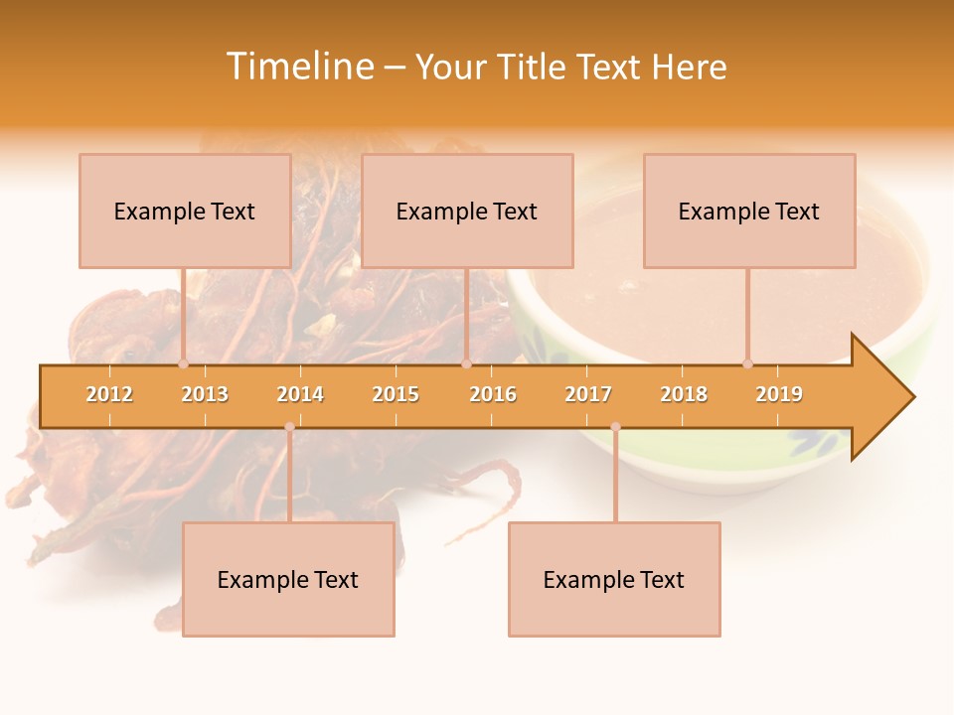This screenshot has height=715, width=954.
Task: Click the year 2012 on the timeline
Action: click(109, 394)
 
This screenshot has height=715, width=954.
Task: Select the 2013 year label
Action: click(205, 394)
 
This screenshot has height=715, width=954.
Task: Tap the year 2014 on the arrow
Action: click(300, 394)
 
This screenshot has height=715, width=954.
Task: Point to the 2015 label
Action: click(396, 394)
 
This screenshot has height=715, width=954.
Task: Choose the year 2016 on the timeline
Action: click(493, 394)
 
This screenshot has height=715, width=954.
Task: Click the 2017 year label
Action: click(588, 394)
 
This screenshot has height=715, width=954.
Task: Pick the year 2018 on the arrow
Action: click(684, 394)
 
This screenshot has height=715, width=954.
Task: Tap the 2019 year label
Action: click(779, 394)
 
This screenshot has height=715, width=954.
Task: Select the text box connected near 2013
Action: click(185, 212)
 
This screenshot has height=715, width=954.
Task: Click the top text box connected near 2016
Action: click(467, 212)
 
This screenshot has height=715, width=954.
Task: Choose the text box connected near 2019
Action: click(749, 212)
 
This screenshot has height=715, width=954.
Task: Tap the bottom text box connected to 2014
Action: click(288, 580)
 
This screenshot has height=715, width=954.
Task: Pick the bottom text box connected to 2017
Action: click(614, 580)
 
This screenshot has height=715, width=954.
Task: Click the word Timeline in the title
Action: click(299, 67)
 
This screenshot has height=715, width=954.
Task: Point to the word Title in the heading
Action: click(535, 68)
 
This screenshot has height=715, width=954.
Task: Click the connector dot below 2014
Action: click(289, 427)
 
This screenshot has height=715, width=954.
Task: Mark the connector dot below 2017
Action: click(615, 427)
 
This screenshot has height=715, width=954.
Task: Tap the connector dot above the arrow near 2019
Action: click(747, 363)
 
